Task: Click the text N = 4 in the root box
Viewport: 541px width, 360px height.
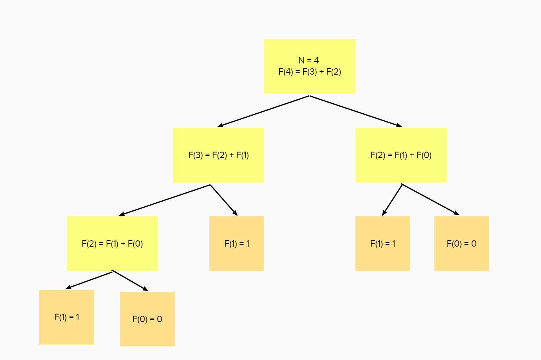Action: [x=308, y=60]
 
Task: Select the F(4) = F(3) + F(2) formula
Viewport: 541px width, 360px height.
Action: [x=310, y=72]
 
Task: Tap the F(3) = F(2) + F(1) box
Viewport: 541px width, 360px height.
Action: [x=218, y=155]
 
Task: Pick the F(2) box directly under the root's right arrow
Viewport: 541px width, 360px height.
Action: [x=401, y=155]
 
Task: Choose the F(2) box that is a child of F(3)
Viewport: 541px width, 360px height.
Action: [x=112, y=243]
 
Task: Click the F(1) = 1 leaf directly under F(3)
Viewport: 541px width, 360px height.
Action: [x=237, y=243]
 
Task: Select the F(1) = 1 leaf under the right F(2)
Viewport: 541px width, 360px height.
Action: [x=383, y=243]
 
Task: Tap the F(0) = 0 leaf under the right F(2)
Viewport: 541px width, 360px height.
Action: [x=461, y=243]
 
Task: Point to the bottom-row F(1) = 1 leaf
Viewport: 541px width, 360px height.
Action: [x=67, y=317]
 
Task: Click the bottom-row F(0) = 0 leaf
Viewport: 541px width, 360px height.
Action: [x=147, y=319]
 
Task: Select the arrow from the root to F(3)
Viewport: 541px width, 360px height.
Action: [x=263, y=111]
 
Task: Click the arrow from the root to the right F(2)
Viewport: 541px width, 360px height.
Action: [x=355, y=111]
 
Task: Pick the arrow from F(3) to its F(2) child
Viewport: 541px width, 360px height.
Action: [x=164, y=200]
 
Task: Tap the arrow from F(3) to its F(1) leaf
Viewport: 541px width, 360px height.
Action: [x=223, y=200]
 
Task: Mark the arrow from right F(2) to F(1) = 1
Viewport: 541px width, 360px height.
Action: [x=392, y=200]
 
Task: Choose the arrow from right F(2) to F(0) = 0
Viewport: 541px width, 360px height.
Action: [x=430, y=200]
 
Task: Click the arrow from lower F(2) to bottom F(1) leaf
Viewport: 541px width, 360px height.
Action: [x=89, y=280]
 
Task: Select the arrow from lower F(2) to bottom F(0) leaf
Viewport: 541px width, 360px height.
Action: [x=130, y=281]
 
